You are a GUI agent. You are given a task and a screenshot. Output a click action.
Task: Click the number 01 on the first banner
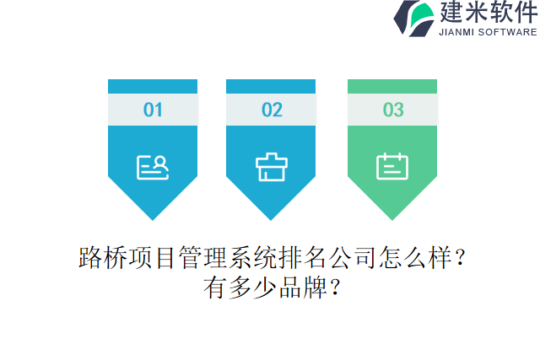[x=153, y=110]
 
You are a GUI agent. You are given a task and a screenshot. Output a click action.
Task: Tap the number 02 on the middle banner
[x=272, y=110]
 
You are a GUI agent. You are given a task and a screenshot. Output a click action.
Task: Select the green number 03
[x=393, y=110]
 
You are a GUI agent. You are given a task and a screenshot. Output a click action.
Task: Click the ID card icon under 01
[x=153, y=167]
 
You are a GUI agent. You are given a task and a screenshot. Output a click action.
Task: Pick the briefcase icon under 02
[x=272, y=167]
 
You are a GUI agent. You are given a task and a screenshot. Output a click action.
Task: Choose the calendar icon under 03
[x=392, y=166]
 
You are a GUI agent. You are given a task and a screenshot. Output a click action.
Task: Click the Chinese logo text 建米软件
[x=487, y=13]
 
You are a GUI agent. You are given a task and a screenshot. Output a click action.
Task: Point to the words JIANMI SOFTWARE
[x=488, y=32]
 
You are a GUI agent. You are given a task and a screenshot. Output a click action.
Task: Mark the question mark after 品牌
[x=333, y=288]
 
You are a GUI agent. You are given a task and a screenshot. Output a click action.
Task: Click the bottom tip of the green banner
[x=392, y=217]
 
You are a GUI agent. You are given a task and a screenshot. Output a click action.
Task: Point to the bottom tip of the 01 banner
[x=153, y=217]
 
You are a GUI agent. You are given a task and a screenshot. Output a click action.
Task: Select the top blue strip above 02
[x=271, y=86]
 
